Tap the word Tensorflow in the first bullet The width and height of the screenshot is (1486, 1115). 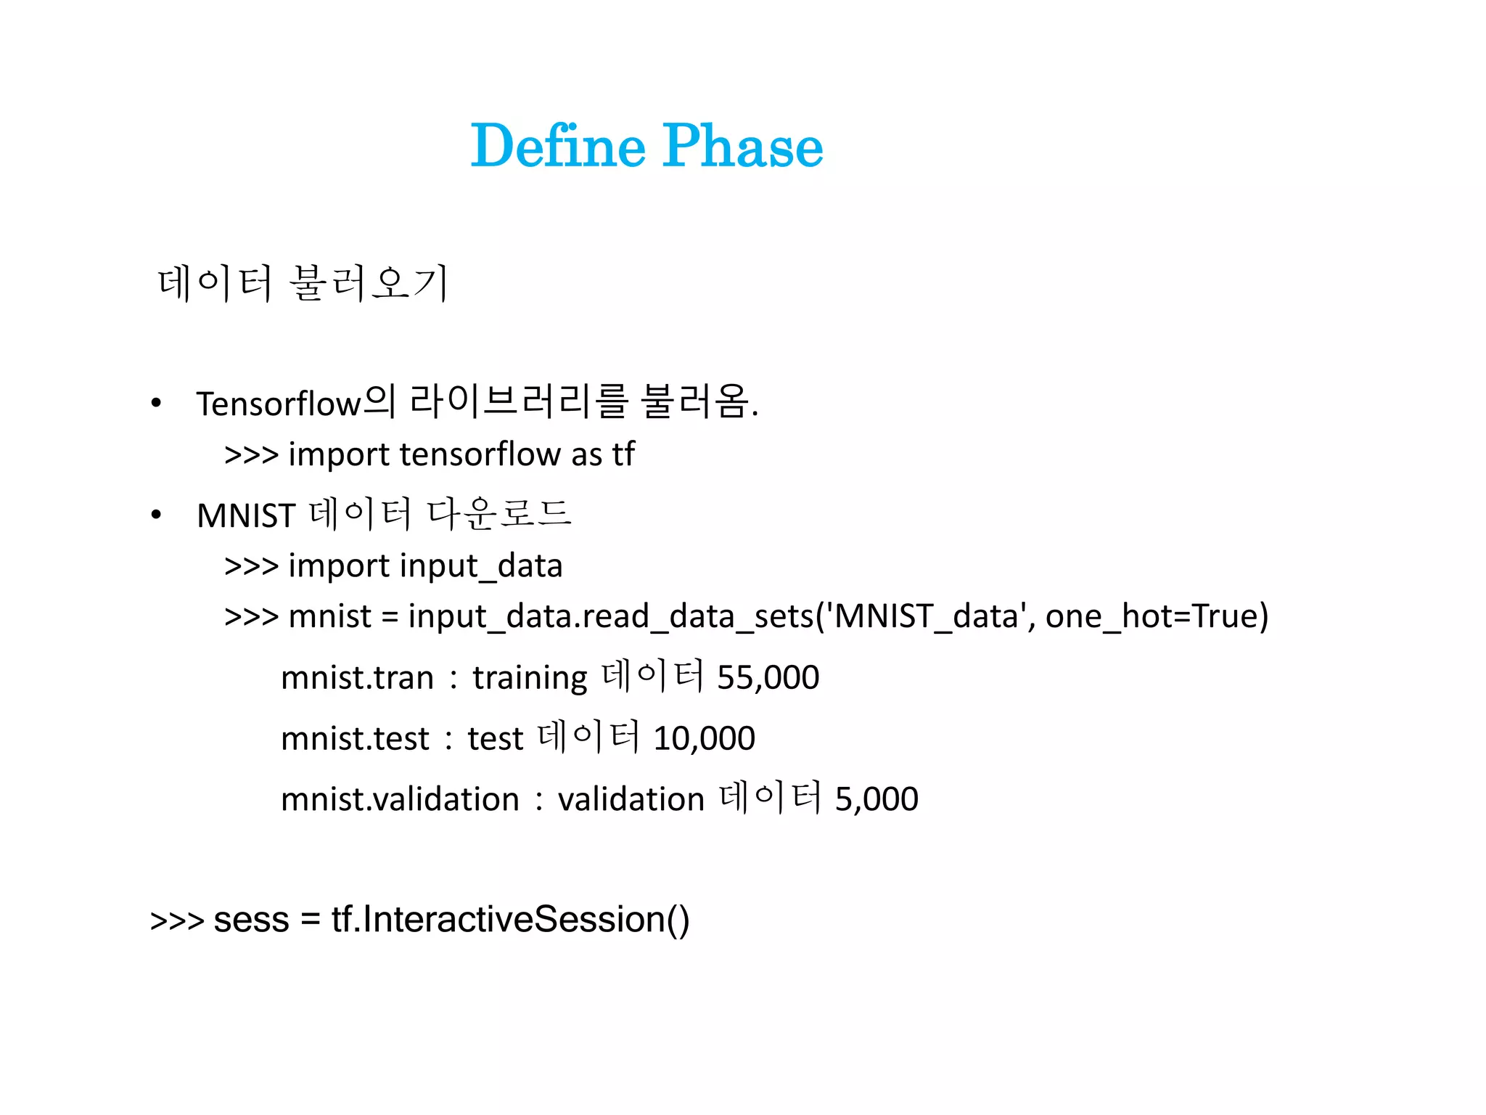coord(279,404)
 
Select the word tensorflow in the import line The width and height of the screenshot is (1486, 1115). coord(480,455)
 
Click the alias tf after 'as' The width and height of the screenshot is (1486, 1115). coord(623,455)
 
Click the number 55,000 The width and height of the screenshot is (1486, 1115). coord(768,678)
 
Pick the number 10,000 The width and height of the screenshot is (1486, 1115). coord(704,739)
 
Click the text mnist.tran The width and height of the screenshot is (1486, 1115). coord(357,678)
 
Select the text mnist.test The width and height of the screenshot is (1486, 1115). coord(355,739)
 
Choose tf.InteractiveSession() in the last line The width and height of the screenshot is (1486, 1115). coord(510,920)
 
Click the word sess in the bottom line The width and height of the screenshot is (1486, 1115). coord(251,920)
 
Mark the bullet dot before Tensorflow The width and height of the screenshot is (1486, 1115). coord(156,404)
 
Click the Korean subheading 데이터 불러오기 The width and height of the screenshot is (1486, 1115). coord(303,283)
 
